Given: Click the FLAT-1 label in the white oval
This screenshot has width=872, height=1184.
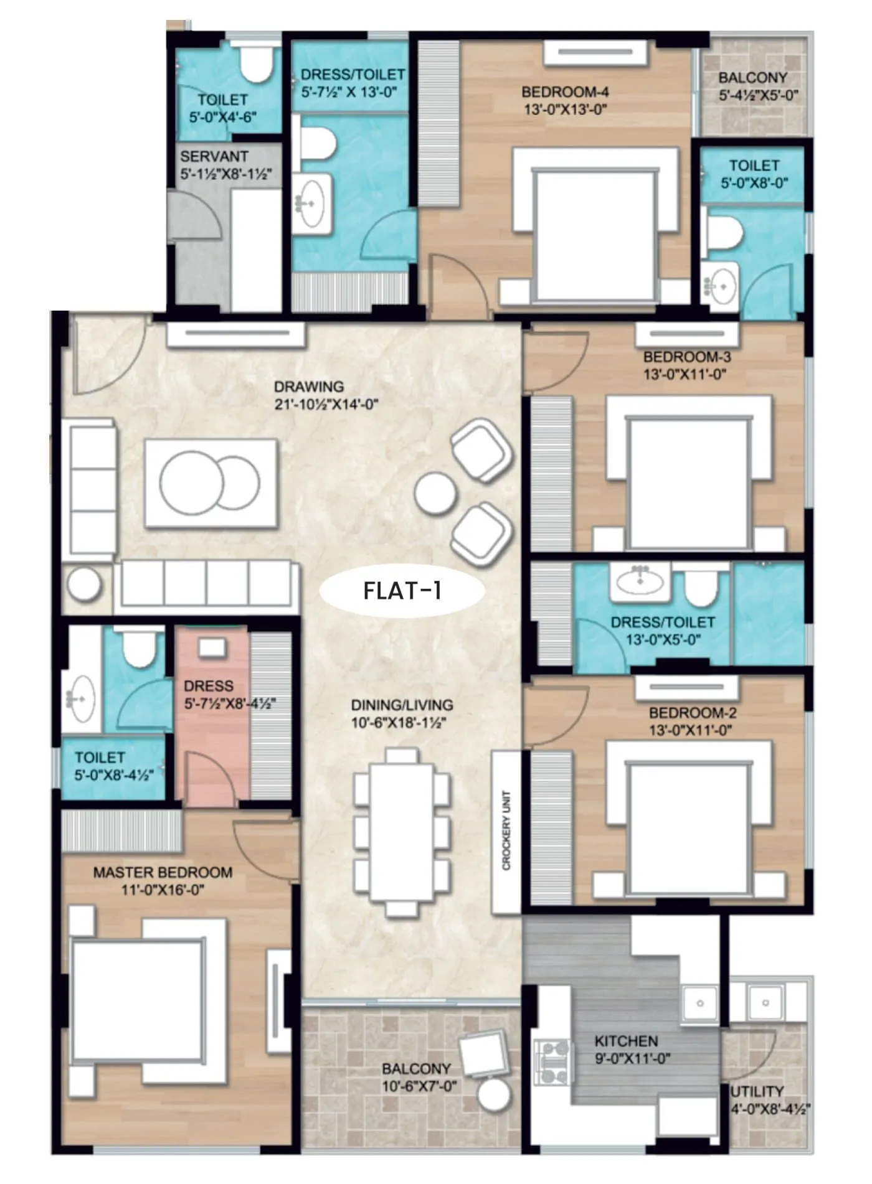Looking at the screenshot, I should (402, 590).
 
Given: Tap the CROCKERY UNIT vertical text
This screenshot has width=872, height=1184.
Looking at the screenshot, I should (506, 830).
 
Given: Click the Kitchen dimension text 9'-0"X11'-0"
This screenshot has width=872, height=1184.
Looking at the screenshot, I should (632, 1059).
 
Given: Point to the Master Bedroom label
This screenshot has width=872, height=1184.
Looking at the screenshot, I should (163, 872).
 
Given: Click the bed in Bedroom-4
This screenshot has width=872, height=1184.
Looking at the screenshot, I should (595, 233).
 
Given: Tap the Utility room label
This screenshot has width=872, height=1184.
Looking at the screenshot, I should (757, 1091).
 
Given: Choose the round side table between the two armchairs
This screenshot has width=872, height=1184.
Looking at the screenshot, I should (435, 494).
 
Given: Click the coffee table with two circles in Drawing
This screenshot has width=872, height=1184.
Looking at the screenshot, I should (211, 484).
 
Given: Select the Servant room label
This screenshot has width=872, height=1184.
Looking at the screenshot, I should (214, 156).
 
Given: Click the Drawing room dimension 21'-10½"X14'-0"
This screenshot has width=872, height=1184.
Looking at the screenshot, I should (326, 404).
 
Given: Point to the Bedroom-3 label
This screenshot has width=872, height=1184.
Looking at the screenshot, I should (687, 357).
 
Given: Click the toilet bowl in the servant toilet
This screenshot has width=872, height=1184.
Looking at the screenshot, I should (256, 63).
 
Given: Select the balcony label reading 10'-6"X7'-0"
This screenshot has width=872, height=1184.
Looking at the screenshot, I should (419, 1086).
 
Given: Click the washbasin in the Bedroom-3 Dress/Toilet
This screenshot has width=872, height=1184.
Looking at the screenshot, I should (639, 582).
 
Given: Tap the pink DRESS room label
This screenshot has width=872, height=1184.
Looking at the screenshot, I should (209, 685).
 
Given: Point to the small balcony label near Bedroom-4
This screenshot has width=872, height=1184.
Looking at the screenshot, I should (752, 78).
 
